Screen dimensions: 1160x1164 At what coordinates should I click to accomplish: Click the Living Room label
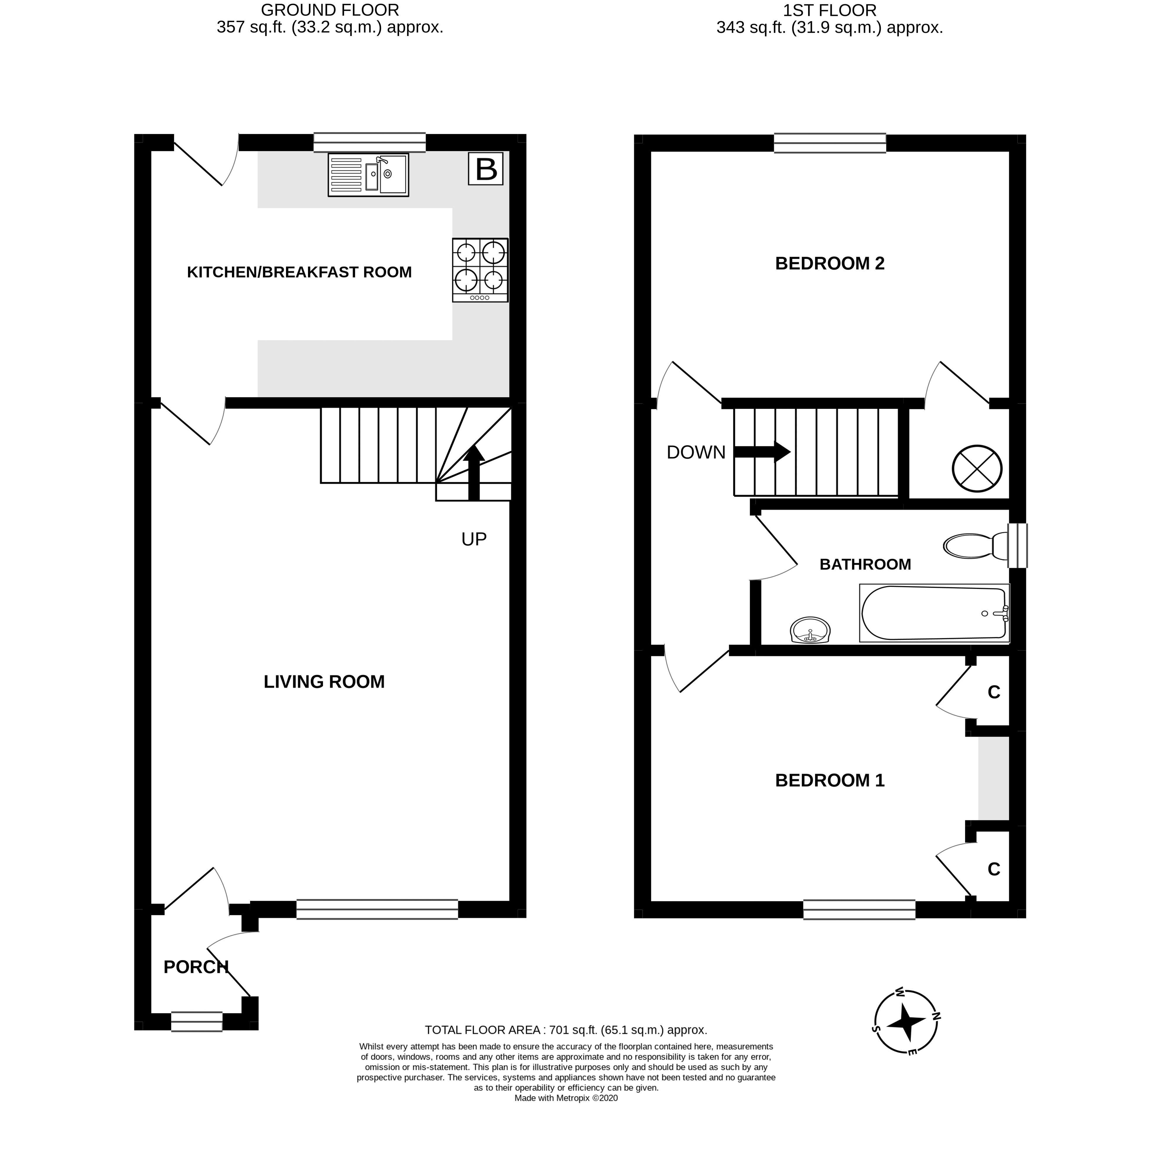[324, 681]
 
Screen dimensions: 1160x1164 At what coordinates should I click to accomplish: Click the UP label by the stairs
[474, 539]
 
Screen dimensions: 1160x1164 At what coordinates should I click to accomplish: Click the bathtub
[934, 613]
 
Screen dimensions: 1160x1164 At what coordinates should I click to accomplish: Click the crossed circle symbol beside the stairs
[977, 468]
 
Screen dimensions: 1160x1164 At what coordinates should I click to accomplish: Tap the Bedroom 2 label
[830, 263]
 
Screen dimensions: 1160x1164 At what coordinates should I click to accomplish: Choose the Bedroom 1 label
[830, 780]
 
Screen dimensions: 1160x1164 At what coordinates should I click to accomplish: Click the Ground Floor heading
[330, 19]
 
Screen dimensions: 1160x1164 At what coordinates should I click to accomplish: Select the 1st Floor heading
[830, 19]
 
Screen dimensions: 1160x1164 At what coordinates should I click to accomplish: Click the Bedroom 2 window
[830, 143]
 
